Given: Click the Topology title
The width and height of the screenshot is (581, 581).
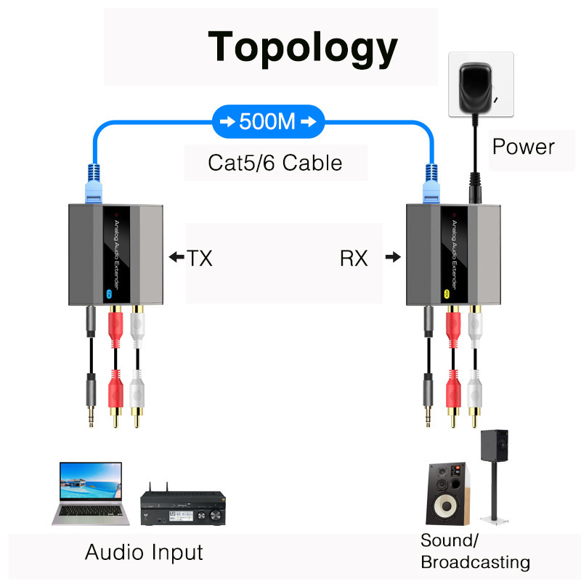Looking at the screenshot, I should [x=303, y=47].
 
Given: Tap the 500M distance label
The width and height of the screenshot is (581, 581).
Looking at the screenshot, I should [x=268, y=121].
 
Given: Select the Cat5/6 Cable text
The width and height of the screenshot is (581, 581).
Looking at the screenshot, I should [x=275, y=161].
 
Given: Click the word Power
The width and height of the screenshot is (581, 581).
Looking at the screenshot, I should [x=523, y=146].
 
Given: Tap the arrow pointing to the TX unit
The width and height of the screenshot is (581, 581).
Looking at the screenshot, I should [x=175, y=257].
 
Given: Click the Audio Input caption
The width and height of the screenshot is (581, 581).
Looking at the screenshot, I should [x=144, y=552].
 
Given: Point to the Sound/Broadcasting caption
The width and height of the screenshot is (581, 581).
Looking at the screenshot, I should [x=475, y=551].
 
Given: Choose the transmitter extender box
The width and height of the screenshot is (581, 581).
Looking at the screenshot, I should [x=115, y=254].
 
